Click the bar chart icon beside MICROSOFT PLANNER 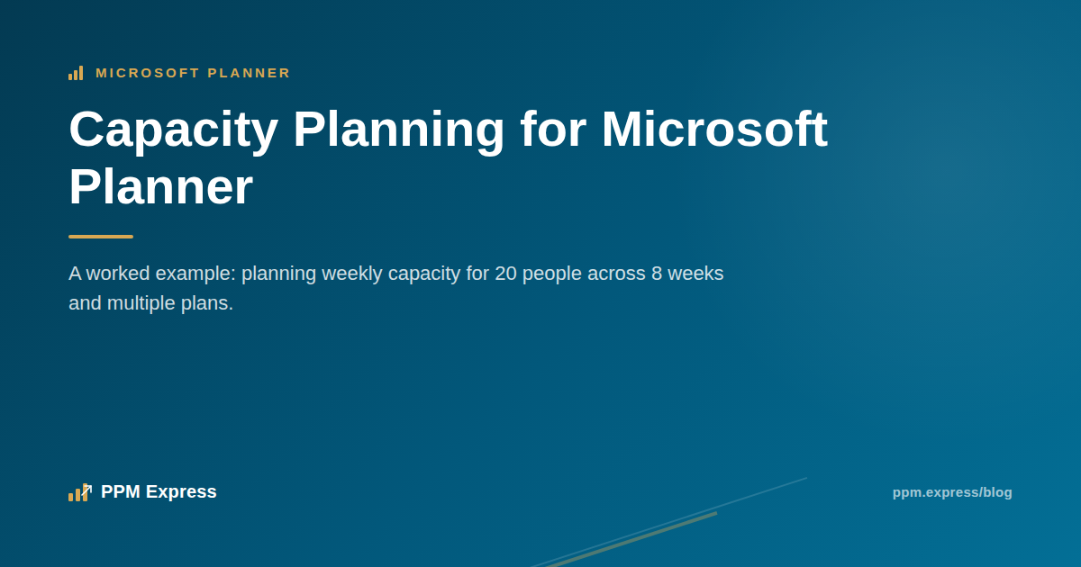pyautogui.click(x=76, y=73)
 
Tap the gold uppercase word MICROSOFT pyautogui.click(x=148, y=73)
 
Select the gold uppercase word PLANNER pyautogui.click(x=249, y=73)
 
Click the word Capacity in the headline pyautogui.click(x=173, y=130)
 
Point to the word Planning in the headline pyautogui.click(x=398, y=130)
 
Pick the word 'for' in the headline pyautogui.click(x=553, y=130)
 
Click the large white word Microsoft pyautogui.click(x=714, y=130)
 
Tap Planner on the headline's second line pyautogui.click(x=160, y=187)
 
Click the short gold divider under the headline pyautogui.click(x=101, y=237)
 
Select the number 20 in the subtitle pyautogui.click(x=505, y=274)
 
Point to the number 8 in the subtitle pyautogui.click(x=657, y=274)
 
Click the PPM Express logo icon pyautogui.click(x=80, y=492)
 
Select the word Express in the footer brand pyautogui.click(x=181, y=492)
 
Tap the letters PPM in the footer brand pyautogui.click(x=121, y=491)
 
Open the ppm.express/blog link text pyautogui.click(x=952, y=493)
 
